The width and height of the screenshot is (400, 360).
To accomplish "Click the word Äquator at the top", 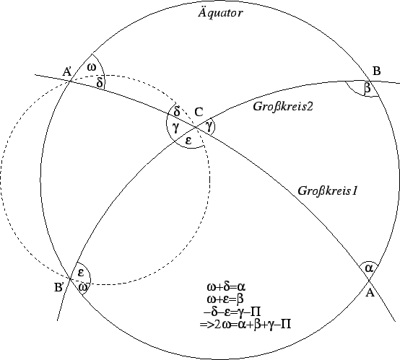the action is (x=220, y=12).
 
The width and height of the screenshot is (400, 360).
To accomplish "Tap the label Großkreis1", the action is (x=328, y=190).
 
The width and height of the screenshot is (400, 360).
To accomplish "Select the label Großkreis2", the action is (x=282, y=106).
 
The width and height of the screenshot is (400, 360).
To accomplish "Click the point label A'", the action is (x=67, y=72).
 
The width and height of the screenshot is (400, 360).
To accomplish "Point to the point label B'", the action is (x=59, y=287).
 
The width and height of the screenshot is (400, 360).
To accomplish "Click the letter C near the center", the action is (x=199, y=112).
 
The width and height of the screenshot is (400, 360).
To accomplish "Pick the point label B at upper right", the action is (x=376, y=71).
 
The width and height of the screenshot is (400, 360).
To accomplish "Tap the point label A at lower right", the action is (x=370, y=293).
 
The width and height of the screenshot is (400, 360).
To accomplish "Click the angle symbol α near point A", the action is (x=369, y=268).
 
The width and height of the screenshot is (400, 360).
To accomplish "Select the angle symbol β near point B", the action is (x=367, y=88).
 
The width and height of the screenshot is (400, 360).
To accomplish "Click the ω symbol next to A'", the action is (x=92, y=67).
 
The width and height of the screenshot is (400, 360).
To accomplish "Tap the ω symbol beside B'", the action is (x=83, y=287).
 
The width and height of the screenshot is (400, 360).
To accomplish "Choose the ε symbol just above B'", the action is (x=81, y=273).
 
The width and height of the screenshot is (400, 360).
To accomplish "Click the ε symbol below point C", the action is (x=188, y=140).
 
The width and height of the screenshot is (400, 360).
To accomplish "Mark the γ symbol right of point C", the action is (x=209, y=126).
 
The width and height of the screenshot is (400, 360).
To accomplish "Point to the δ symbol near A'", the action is (x=100, y=82).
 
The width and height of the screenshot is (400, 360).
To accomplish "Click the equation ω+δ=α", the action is (x=226, y=287).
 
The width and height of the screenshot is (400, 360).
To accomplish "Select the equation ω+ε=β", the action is (x=225, y=299).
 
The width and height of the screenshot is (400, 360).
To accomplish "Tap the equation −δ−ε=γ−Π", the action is (x=232, y=312).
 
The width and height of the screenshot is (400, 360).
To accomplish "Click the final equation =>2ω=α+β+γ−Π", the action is (x=245, y=325).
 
